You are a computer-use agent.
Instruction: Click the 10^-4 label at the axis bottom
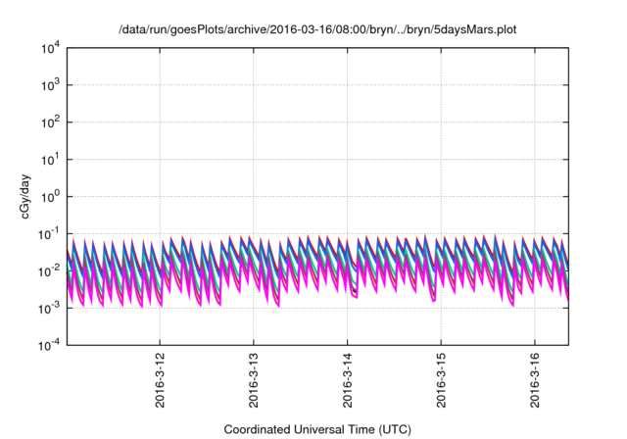click(49, 346)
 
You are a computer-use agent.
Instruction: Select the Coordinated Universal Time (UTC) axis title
click(318, 429)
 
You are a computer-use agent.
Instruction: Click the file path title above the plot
click(317, 30)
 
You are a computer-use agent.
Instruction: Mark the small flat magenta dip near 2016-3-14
click(354, 295)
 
